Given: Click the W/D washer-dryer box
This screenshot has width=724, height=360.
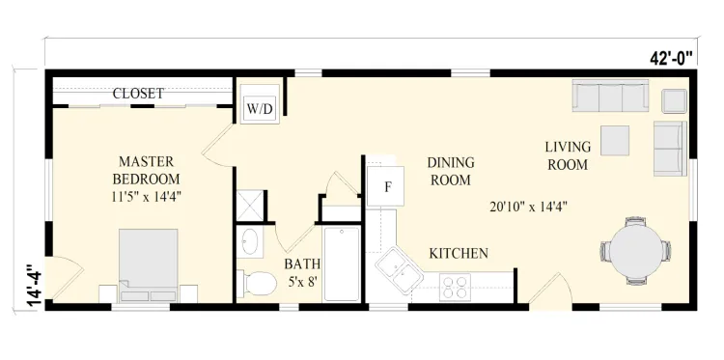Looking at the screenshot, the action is [260, 109].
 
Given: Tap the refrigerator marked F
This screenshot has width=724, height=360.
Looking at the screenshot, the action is [385, 186].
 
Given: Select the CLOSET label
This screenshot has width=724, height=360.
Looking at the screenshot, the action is [138, 94].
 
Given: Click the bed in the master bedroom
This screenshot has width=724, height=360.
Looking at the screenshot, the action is [149, 265].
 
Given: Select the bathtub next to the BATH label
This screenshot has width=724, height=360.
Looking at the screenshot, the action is [341, 263].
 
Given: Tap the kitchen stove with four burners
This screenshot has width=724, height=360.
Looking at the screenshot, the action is [455, 287].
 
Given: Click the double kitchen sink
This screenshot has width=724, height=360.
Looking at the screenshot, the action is [399, 270].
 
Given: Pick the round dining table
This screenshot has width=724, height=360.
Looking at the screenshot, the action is [636, 251].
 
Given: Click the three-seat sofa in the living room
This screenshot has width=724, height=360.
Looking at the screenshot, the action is [610, 96].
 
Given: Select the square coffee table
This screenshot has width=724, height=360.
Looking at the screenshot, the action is [615, 140].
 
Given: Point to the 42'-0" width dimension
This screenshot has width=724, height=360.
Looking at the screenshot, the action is [671, 58].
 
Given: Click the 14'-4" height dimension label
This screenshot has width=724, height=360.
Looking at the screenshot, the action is [35, 286].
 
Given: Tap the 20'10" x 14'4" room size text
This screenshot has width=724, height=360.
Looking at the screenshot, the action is [528, 207].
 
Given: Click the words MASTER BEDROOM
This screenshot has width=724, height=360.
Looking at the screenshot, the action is [147, 170].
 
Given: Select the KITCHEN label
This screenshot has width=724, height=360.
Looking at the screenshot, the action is [459, 254].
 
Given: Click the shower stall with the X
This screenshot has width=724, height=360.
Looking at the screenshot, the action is [250, 206].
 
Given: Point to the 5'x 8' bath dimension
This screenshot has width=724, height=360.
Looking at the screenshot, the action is [304, 282].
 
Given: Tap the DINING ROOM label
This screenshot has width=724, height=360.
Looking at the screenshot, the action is [451, 171].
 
